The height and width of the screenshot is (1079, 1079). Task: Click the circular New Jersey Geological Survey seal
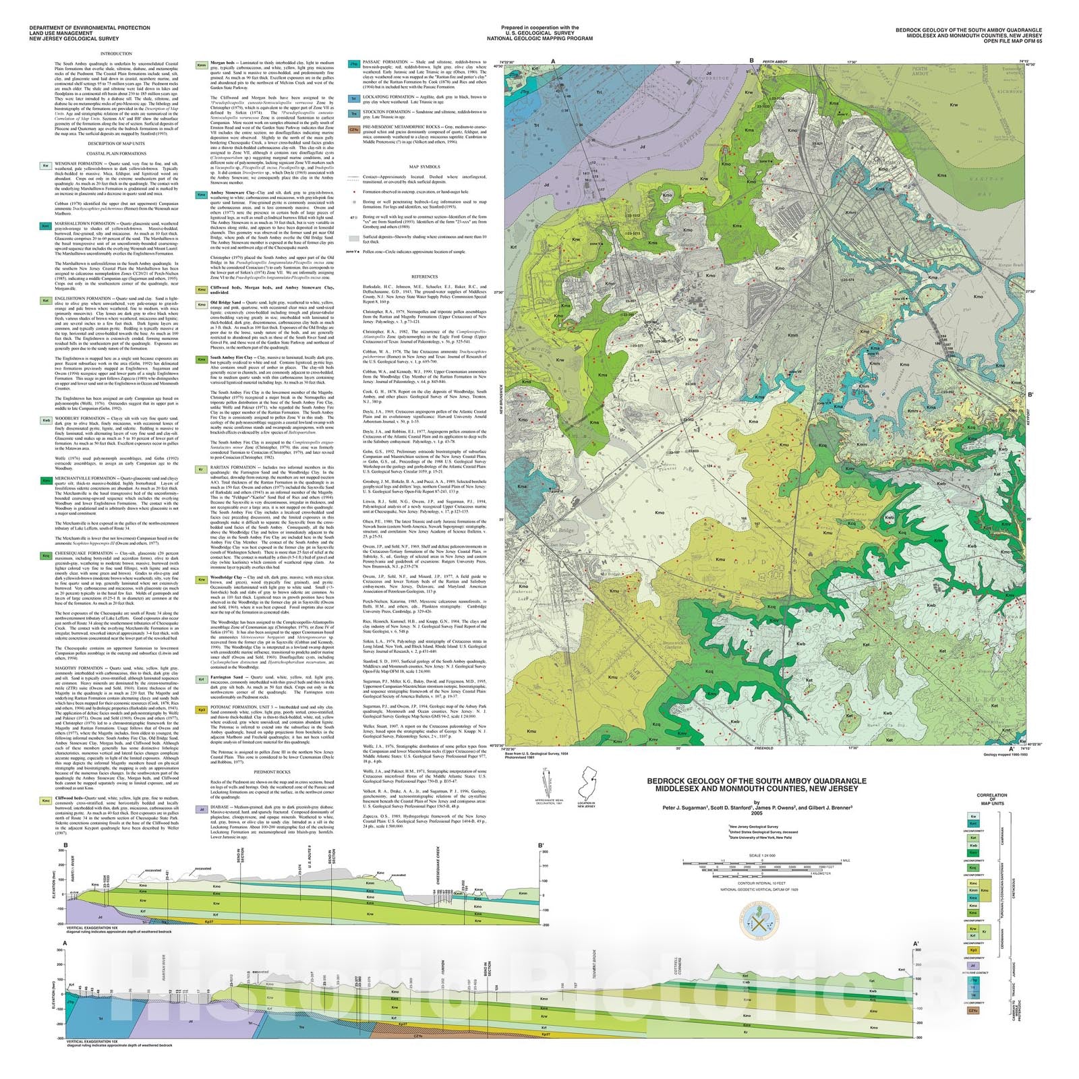pyautogui.click(x=759, y=921)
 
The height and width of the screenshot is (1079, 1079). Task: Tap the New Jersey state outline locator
pyautogui.click(x=585, y=782)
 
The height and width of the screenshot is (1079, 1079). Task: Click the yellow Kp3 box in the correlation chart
pyautogui.click(x=973, y=950)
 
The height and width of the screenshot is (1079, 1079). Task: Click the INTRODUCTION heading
pyautogui.click(x=116, y=53)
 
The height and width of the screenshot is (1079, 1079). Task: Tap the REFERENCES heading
pyautogui.click(x=424, y=276)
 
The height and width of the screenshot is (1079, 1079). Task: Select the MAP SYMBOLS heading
pyautogui.click(x=424, y=167)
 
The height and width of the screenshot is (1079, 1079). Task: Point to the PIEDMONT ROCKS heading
pyautogui.click(x=272, y=771)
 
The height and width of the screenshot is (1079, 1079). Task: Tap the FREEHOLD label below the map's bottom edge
pyautogui.click(x=763, y=748)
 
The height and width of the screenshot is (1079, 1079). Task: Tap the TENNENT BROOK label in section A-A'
pyautogui.click(x=595, y=965)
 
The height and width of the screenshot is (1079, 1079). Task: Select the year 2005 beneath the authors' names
pyautogui.click(x=756, y=813)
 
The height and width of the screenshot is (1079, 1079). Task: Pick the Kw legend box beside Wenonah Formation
pyautogui.click(x=46, y=165)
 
